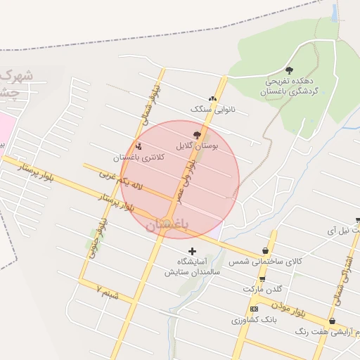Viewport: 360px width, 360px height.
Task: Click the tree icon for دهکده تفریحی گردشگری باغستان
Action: [289, 70]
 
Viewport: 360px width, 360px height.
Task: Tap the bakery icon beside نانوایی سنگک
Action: [212, 99]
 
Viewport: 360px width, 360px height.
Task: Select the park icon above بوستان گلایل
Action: [197, 134]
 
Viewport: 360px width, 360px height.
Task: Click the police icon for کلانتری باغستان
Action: [139, 147]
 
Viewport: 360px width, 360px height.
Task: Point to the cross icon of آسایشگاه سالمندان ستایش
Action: [192, 251]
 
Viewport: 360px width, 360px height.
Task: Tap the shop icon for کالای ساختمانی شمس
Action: [264, 250]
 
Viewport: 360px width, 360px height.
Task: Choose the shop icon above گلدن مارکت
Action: [262, 279]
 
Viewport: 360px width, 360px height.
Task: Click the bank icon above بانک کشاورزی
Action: [254, 309]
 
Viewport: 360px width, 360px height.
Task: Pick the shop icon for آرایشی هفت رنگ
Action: [332, 321]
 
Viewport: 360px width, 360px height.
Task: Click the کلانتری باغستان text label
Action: [142, 157]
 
